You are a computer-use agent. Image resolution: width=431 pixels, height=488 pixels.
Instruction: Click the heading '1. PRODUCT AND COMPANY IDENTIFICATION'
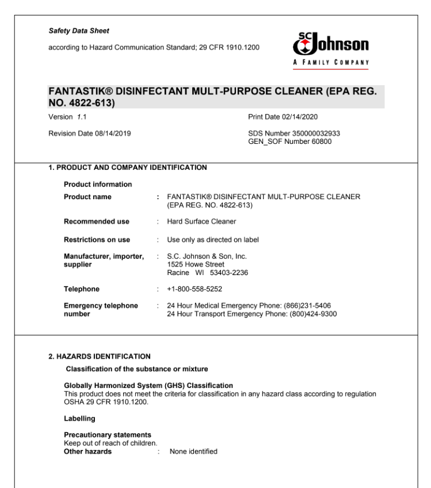pyautogui.click(x=127, y=169)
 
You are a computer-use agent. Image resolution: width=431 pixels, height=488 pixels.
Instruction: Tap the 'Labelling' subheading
pyautogui.click(x=79, y=418)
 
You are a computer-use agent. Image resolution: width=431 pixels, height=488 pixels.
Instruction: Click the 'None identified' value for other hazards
pyautogui.click(x=193, y=452)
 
